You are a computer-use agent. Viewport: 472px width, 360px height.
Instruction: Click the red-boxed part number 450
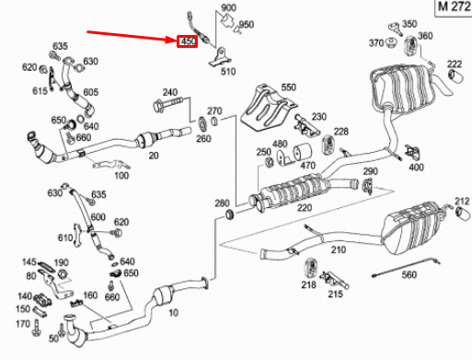click(x=188, y=41)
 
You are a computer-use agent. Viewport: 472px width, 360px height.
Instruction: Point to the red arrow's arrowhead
click(x=172, y=41)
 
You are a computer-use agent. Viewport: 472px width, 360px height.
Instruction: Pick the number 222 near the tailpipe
click(x=454, y=64)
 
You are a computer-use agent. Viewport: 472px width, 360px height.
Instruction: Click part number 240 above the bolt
click(x=170, y=92)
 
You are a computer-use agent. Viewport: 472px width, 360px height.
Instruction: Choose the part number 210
click(x=339, y=250)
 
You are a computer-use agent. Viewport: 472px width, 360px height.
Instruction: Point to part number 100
click(x=121, y=175)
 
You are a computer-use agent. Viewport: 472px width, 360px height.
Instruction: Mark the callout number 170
click(x=23, y=325)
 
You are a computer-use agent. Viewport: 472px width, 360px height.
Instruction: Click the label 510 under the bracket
click(x=227, y=71)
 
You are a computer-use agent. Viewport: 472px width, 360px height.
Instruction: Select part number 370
click(x=375, y=43)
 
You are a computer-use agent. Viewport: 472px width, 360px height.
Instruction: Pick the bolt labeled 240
click(x=173, y=109)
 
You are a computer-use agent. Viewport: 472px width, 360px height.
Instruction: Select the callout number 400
click(x=416, y=167)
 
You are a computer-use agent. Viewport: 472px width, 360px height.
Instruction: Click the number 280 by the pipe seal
click(x=221, y=203)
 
